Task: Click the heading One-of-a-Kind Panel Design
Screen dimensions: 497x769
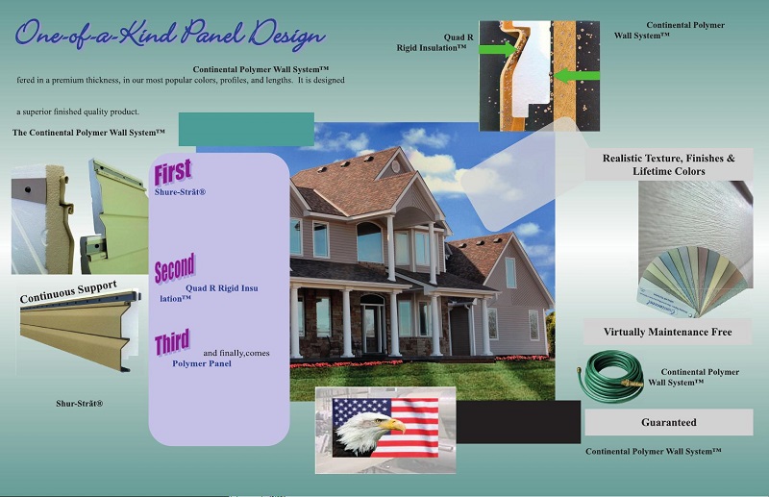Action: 169,36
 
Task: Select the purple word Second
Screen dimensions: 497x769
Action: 174,268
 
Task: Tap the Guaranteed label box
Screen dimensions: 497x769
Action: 668,422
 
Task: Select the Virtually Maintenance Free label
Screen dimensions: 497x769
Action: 667,332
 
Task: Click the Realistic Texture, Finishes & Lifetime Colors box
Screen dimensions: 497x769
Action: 668,164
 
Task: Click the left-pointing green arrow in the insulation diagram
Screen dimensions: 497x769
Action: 569,74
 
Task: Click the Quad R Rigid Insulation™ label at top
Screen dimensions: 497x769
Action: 438,41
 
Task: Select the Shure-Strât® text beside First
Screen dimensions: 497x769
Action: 181,192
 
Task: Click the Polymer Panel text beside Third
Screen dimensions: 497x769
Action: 202,363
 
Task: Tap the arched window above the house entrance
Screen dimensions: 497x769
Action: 369,242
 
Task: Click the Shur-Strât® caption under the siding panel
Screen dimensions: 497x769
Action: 79,404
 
